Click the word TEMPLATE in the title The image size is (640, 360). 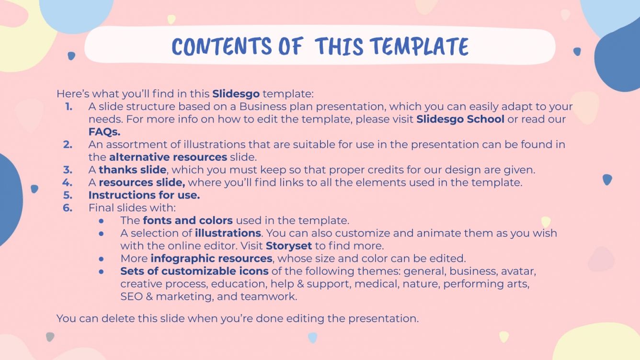[x=419, y=46]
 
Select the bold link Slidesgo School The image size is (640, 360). [x=460, y=119]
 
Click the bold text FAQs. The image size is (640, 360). [x=104, y=132]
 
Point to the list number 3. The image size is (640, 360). [x=68, y=169]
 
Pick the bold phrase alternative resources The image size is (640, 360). [x=168, y=157]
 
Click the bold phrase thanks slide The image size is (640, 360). [x=133, y=169]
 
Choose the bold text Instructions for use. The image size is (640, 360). [x=144, y=195]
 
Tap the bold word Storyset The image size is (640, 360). [x=289, y=246]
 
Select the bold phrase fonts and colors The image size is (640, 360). [x=188, y=220]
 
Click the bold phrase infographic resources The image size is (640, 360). [x=211, y=259]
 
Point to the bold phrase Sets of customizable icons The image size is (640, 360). [x=194, y=271]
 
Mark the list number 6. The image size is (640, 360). [x=68, y=208]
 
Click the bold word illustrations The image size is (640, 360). [x=228, y=233]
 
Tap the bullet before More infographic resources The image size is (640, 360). [x=101, y=259]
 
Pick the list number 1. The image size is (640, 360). [x=69, y=106]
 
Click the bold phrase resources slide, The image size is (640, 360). [x=142, y=182]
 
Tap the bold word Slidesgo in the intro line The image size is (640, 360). [x=236, y=93]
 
